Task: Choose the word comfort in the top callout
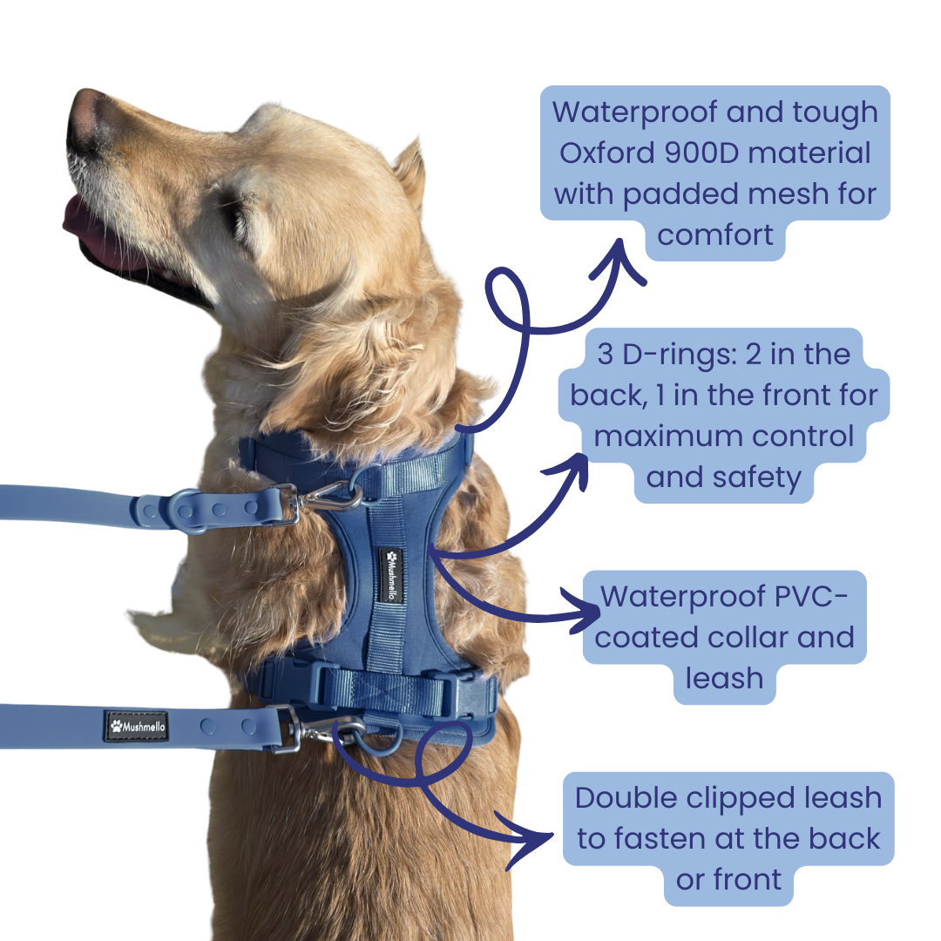715,234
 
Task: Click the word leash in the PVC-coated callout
724,677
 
